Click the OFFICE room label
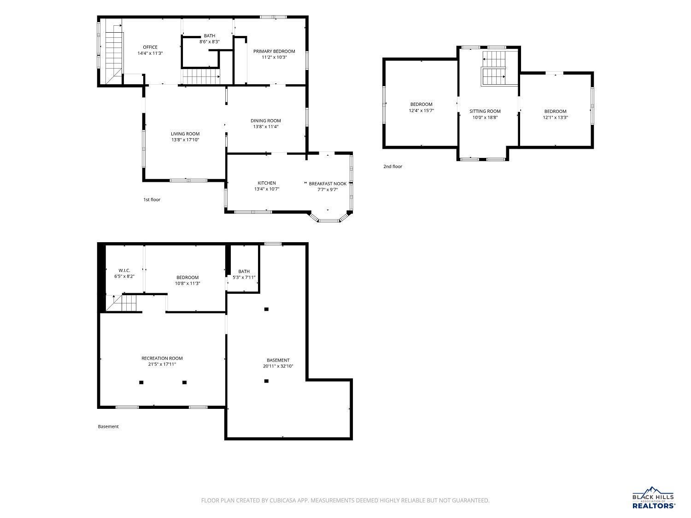[150, 47]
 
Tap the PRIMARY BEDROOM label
[274, 51]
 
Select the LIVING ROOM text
[185, 134]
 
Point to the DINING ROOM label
[266, 121]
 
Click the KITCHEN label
[267, 183]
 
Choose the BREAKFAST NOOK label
[328, 184]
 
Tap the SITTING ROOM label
[485, 111]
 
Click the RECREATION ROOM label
[162, 358]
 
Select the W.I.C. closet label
[124, 270]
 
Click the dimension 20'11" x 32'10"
[278, 366]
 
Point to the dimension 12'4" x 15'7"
[421, 111]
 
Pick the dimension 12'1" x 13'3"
[555, 117]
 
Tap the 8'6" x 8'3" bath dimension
[209, 41]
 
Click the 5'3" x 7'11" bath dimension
[244, 277]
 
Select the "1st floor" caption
[152, 199]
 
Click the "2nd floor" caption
[392, 166]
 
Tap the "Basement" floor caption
[108, 426]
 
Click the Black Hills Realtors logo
[654, 498]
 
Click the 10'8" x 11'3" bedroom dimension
[187, 283]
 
